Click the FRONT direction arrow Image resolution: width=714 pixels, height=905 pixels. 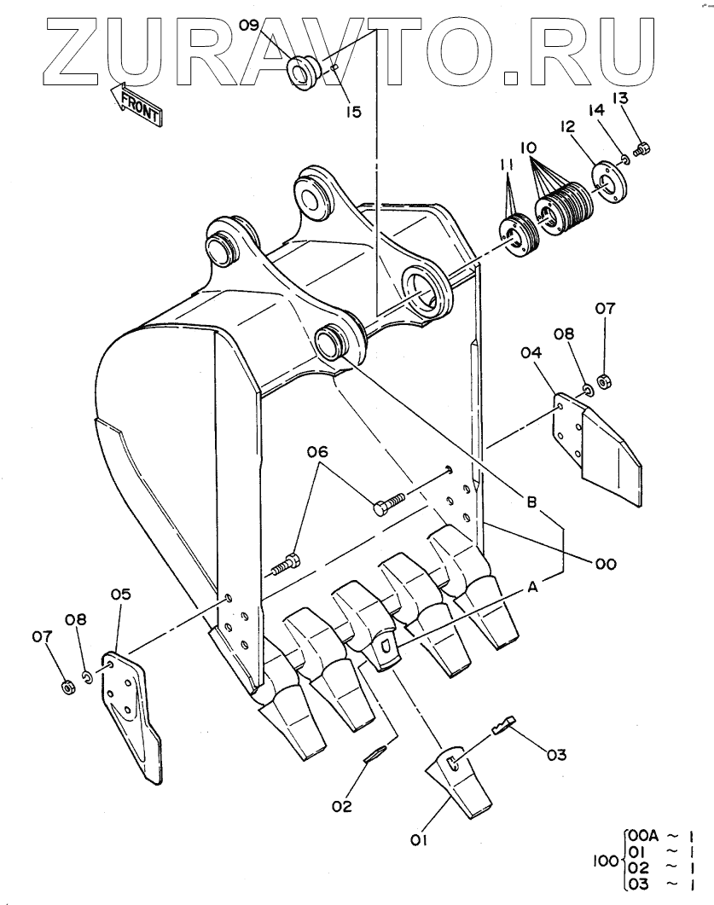pos(136,103)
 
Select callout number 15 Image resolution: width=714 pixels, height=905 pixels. pos(353,112)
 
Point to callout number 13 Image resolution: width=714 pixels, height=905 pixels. pos(620,99)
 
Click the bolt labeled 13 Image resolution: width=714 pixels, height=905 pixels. pos(641,149)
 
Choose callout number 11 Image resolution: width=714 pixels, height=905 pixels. pos(507,166)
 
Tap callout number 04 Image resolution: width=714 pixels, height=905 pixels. pos(532,351)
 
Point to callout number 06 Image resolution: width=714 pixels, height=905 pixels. pos(316,452)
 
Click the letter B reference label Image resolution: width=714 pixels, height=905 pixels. pos(531,502)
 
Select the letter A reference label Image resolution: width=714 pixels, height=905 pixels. pos(533,587)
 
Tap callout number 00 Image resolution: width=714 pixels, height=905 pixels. pos(606,563)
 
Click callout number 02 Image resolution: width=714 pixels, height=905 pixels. pos(342,806)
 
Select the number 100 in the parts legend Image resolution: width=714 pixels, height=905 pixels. pos(607,861)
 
